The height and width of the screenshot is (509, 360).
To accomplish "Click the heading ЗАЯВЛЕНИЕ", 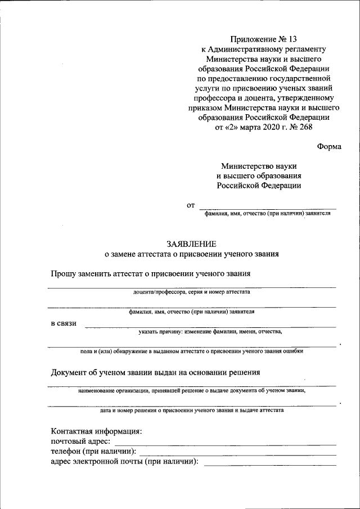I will pyautogui.click(x=191, y=244).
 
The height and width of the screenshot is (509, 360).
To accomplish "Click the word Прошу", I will pyautogui.click(x=64, y=273).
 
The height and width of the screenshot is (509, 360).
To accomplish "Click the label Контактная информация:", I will pyautogui.click(x=96, y=431).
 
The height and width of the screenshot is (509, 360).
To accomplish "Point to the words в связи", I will pyautogui.click(x=64, y=324).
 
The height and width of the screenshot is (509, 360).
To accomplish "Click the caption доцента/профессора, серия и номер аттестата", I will pyautogui.click(x=191, y=292).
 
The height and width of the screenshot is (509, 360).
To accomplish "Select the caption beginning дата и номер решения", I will pyautogui.click(x=191, y=410).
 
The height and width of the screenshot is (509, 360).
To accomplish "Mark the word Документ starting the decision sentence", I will pyautogui.click(x=69, y=372).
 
